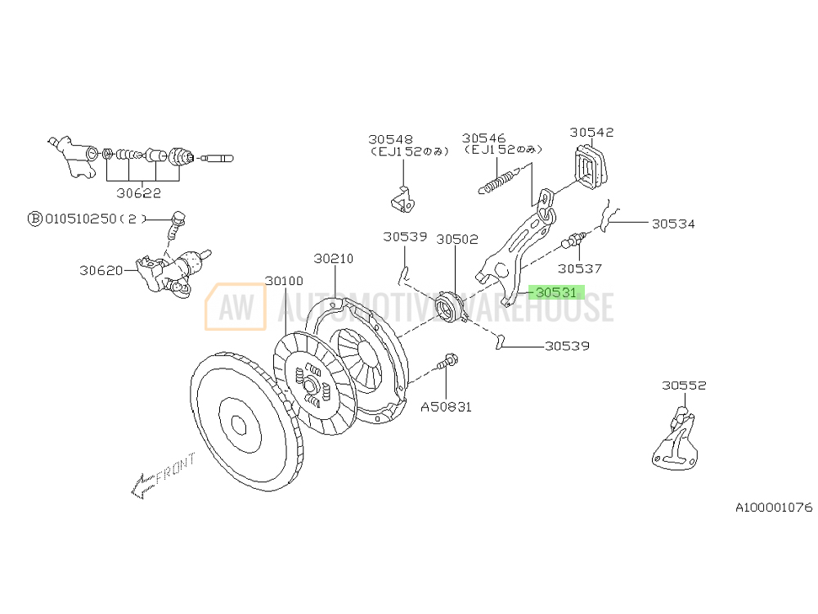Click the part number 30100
point(284,281)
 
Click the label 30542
point(591,132)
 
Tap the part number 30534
point(672,223)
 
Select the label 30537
point(579,268)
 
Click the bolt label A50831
point(446,406)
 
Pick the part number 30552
point(684,385)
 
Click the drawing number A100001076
point(773,508)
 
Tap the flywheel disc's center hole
point(239,424)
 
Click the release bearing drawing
point(450,306)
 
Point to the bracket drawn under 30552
point(676,443)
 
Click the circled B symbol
point(35,219)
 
